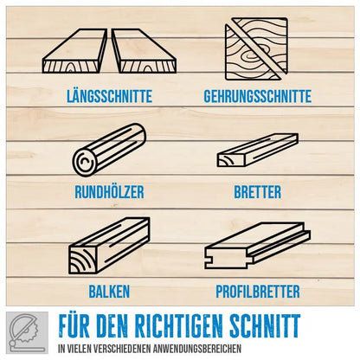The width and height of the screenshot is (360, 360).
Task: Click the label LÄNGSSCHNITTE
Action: [110, 96]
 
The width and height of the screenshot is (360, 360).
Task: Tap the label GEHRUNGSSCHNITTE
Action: [258, 96]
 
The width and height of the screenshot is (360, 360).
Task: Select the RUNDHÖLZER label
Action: [109, 192]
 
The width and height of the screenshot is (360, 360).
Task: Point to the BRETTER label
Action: [257, 192]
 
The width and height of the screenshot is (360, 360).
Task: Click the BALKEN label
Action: [109, 292]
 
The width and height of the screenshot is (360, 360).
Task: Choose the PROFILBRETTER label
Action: [258, 292]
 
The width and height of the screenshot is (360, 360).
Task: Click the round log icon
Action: [109, 150]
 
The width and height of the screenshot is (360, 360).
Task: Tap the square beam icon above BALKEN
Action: [109, 246]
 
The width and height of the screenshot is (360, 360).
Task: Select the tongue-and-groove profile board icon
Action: [257, 246]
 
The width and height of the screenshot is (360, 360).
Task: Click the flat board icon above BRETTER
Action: [257, 150]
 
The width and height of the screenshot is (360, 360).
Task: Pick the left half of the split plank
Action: [74, 51]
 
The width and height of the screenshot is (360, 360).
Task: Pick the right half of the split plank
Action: [144, 51]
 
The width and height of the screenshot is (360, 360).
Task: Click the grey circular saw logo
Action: [27, 332]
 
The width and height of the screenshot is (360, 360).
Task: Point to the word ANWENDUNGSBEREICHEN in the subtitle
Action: [197, 349]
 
